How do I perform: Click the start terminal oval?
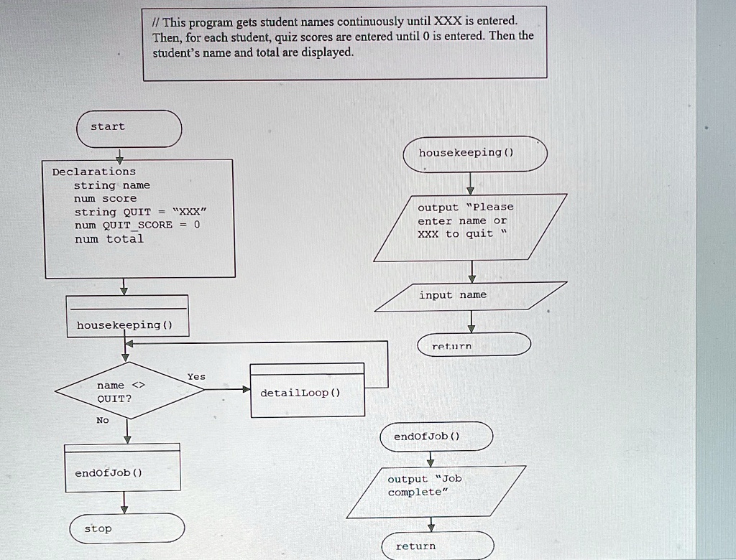tap(129, 128)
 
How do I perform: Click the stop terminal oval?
tap(126, 529)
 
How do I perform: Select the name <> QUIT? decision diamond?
tap(126, 391)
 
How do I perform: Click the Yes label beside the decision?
tap(196, 376)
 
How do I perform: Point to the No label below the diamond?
tap(103, 420)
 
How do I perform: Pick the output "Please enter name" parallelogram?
tap(471, 227)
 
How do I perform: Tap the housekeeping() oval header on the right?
tap(475, 154)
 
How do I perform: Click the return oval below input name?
tap(474, 345)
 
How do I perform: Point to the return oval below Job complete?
tap(437, 546)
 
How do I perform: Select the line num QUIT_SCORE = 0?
tap(137, 225)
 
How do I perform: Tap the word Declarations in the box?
tap(94, 172)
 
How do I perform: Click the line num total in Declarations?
tap(109, 238)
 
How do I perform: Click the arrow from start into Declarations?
tap(120, 153)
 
